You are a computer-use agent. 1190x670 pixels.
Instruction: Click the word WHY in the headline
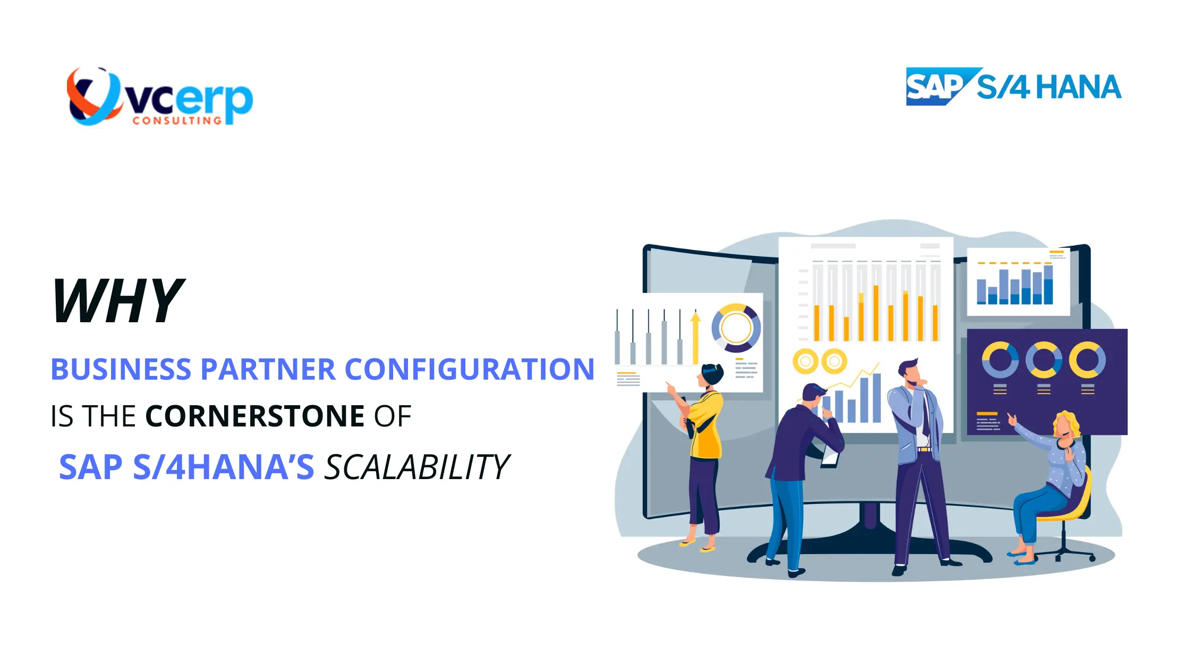tap(118, 301)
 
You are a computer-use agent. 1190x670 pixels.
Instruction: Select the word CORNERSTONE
tap(254, 416)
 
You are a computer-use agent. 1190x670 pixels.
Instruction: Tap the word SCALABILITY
tap(416, 467)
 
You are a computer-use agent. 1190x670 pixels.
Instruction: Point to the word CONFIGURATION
tap(470, 369)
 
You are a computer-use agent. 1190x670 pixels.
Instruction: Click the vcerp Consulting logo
tap(159, 97)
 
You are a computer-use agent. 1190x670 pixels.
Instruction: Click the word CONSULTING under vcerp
tap(177, 121)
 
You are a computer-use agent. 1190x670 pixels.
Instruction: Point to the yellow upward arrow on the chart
tap(695, 338)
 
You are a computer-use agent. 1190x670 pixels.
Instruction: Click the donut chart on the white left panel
tap(736, 328)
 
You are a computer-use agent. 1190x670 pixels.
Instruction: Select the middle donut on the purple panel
tap(1043, 360)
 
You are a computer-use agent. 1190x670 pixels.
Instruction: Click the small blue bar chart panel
tap(1017, 282)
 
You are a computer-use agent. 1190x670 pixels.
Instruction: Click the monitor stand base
tap(869, 548)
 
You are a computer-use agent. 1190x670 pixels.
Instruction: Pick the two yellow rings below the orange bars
tap(820, 362)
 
